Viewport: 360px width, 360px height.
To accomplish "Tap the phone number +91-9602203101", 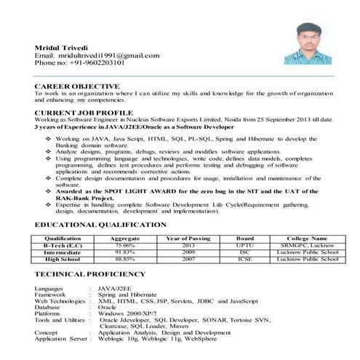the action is (94, 63).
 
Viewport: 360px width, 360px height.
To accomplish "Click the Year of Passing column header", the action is (188, 239).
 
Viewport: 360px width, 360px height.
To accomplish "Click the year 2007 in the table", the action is (188, 258).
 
